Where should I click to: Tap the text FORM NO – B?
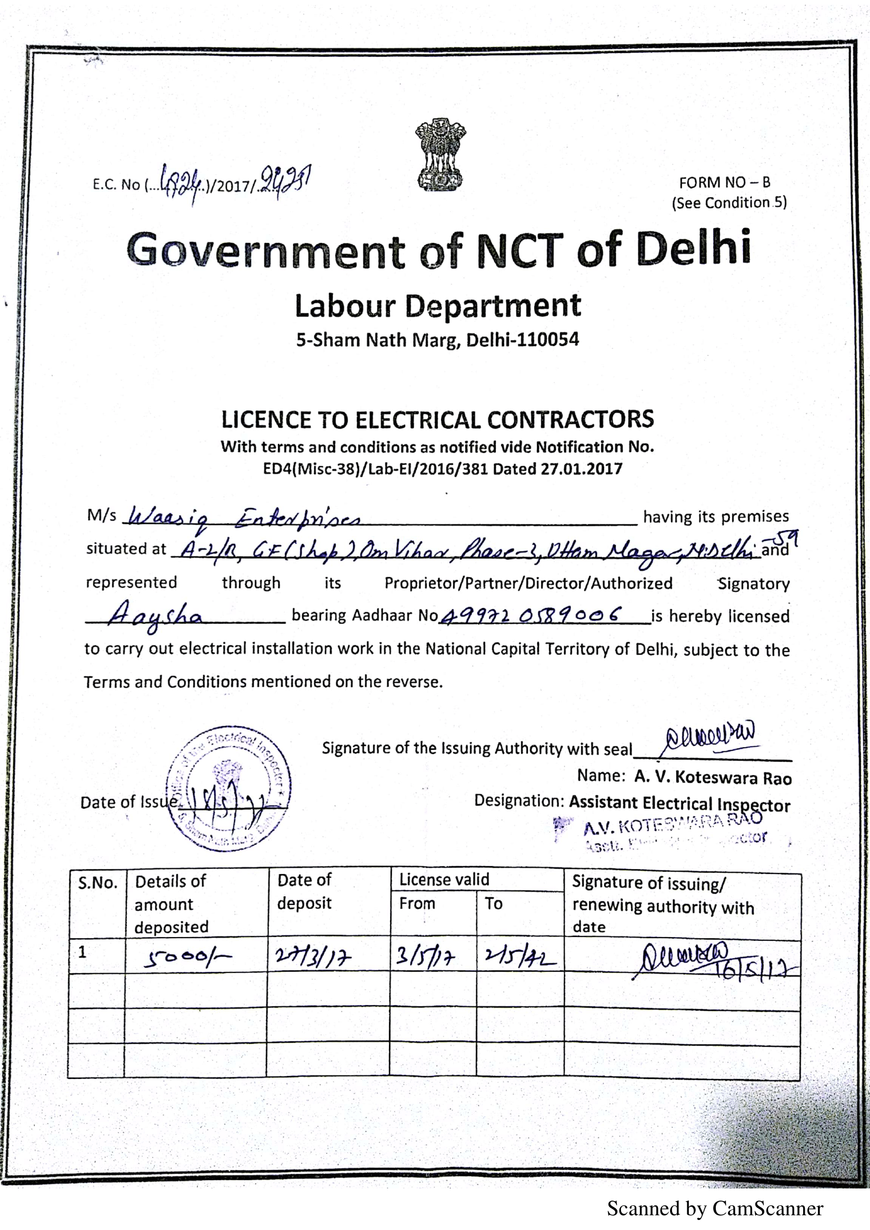(724, 182)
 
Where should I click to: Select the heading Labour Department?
(437, 306)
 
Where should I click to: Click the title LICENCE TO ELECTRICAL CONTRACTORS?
(437, 419)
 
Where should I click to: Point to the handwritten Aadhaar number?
(531, 615)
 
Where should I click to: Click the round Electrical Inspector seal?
(228, 788)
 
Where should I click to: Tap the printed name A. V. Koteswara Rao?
(713, 777)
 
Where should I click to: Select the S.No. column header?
(97, 883)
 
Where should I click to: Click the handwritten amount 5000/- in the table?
(187, 957)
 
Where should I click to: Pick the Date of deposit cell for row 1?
(313, 956)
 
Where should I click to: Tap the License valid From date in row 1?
(425, 956)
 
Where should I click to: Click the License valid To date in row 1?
(519, 956)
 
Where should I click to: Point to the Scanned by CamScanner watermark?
(715, 1208)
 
